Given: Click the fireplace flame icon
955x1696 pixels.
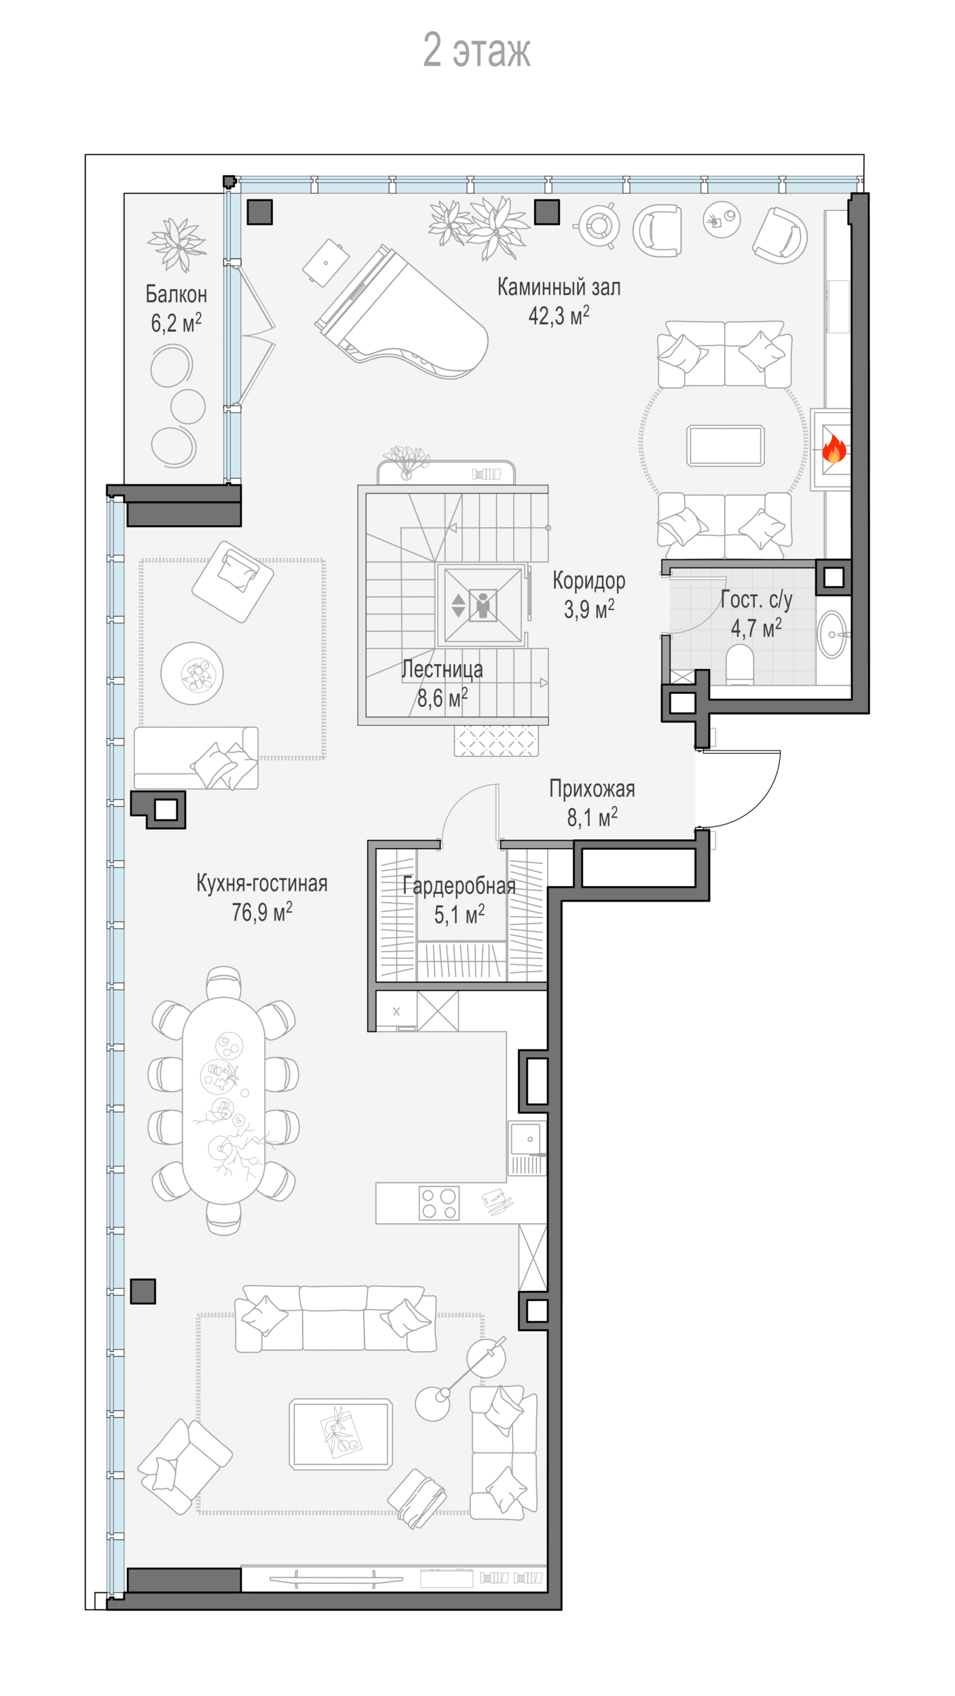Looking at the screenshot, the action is (834, 449).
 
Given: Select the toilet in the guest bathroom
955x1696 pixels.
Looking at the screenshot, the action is (740, 664).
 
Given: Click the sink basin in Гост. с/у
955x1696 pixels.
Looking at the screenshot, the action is (832, 634).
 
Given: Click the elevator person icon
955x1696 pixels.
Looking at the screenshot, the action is (483, 605).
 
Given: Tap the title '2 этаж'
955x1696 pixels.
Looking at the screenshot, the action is (476, 50).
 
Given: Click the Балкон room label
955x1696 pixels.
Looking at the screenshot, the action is (176, 294).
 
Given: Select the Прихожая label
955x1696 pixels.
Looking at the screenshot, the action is (592, 789).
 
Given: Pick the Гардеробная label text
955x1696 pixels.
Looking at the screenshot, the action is (459, 886).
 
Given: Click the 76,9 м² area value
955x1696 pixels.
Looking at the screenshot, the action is (262, 912).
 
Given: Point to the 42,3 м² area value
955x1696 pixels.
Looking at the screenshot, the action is (559, 315).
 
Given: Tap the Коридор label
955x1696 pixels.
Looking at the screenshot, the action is (588, 581).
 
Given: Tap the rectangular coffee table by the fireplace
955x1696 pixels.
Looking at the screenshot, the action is (726, 446).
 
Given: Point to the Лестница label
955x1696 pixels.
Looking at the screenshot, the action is (442, 670).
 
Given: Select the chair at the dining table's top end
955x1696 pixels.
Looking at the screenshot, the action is (223, 982).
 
